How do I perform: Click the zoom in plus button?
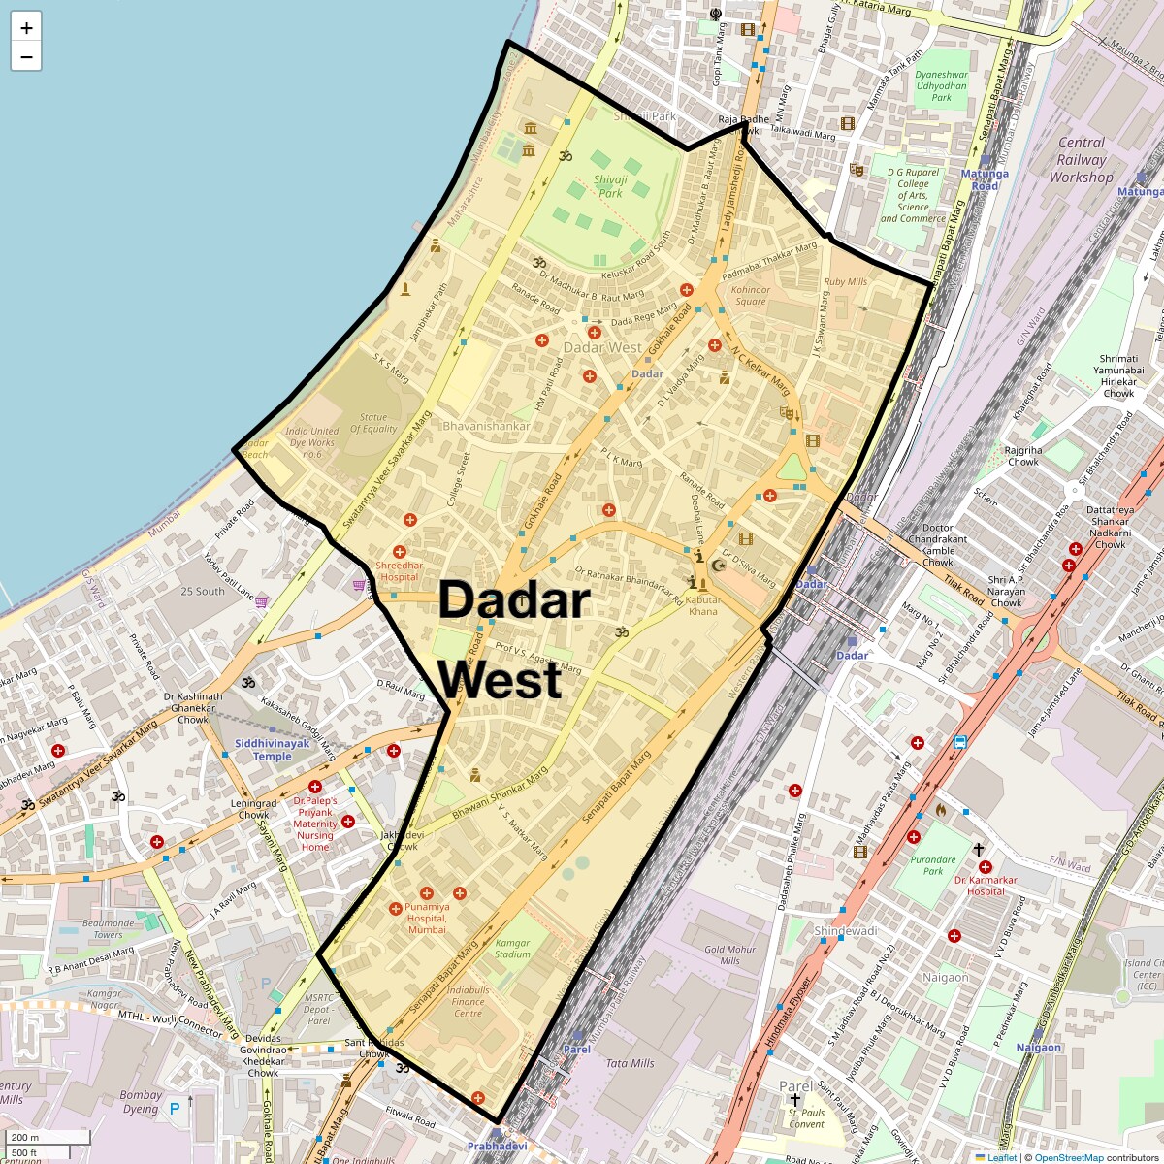[26, 28]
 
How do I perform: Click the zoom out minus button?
[26, 57]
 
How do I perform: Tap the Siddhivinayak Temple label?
[273, 750]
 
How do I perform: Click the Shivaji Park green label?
[610, 186]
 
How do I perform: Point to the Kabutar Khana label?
[702, 605]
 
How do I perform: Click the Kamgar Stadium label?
[513, 948]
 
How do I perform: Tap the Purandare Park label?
[932, 865]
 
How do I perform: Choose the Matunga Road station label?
[985, 179]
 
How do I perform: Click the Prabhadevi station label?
[497, 1146]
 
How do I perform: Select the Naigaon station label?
[1039, 1048]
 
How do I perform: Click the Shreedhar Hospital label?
[400, 570]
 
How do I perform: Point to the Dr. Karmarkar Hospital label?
[986, 886]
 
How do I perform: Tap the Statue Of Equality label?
[373, 423]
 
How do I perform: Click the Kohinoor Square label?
[751, 295]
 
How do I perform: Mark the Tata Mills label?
[630, 1063]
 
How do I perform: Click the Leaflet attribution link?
[1002, 1157]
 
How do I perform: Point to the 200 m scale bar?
[26, 1137]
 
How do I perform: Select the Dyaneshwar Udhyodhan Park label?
[941, 85]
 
